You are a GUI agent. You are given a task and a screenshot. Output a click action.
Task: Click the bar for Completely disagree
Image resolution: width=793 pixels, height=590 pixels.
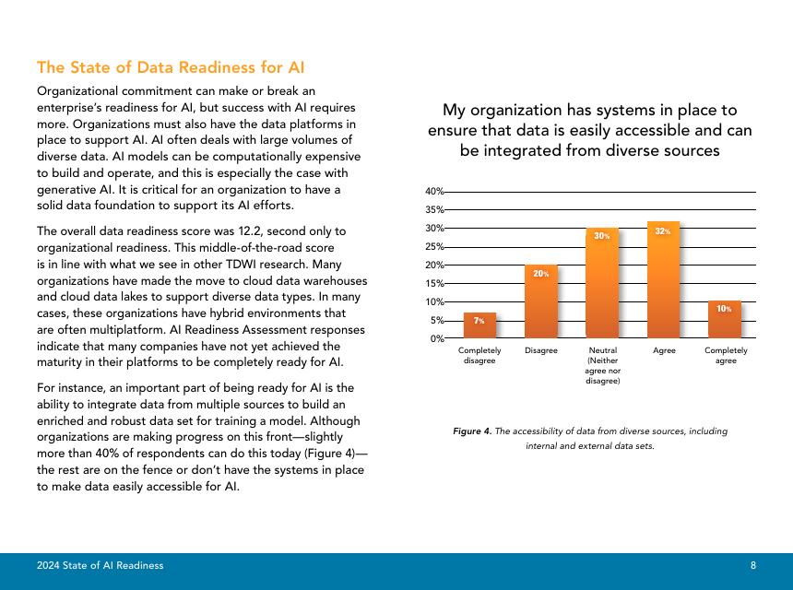point(479,325)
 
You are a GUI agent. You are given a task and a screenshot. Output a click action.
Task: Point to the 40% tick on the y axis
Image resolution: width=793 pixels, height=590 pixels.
point(434,191)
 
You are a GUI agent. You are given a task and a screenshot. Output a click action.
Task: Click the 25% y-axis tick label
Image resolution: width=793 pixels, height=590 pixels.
point(434,246)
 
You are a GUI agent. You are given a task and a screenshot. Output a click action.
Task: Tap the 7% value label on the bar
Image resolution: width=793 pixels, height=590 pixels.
point(479,321)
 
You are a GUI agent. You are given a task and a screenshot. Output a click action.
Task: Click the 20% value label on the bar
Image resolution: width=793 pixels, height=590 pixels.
point(541,273)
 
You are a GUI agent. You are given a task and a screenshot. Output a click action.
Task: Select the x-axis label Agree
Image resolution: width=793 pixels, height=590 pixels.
point(664,350)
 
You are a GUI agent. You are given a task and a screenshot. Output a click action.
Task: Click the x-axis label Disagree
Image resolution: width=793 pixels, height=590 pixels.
point(541,350)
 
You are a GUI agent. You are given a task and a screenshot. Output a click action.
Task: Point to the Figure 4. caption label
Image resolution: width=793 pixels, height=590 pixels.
point(472,431)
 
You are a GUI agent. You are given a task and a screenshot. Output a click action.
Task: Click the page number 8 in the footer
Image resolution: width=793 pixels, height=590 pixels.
point(753,565)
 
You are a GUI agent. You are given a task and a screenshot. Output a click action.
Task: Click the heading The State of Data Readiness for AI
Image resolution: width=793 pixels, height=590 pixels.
point(171,67)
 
